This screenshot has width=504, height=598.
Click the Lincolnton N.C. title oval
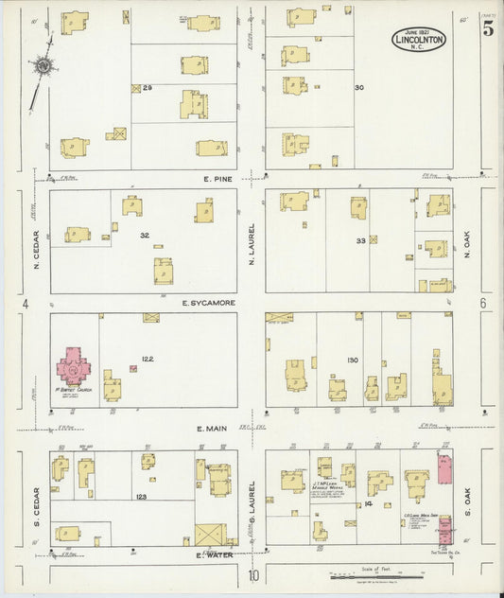[419, 39]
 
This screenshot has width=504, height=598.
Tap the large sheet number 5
[487, 29]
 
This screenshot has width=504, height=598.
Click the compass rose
[43, 66]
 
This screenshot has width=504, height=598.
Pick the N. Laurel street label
[252, 242]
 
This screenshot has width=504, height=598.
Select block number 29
[148, 88]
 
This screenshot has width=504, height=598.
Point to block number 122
[147, 359]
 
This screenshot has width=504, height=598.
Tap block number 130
[353, 360]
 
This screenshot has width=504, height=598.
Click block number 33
[360, 240]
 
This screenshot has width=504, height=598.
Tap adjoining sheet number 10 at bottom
[252, 575]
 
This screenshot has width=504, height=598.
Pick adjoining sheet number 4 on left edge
[27, 304]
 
